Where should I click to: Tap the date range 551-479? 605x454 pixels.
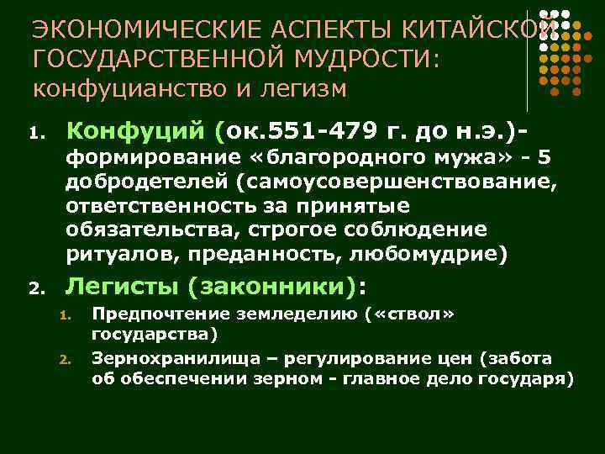333,131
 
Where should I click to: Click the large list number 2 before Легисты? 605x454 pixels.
34,290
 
